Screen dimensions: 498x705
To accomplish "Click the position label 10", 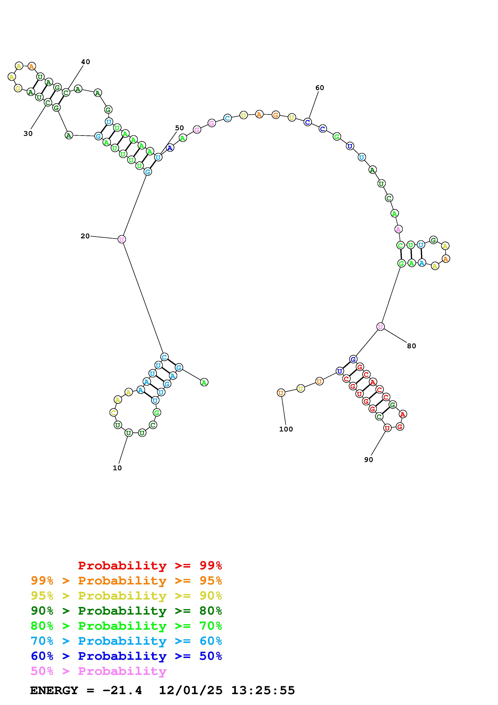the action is pos(117,468).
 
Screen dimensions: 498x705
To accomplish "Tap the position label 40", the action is pos(86,62).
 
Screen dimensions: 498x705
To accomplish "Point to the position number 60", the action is pos(320,88).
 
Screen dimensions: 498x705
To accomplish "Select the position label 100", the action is pos(286,429).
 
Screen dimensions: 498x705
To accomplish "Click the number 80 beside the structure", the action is pos(411,346).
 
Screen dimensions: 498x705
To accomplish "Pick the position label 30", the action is pos(28,134).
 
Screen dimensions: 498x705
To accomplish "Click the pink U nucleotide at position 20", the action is pos(122,239).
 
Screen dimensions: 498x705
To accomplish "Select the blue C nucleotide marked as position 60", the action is pos(308,122).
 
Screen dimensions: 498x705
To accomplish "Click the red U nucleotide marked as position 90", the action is pos(388,428).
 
